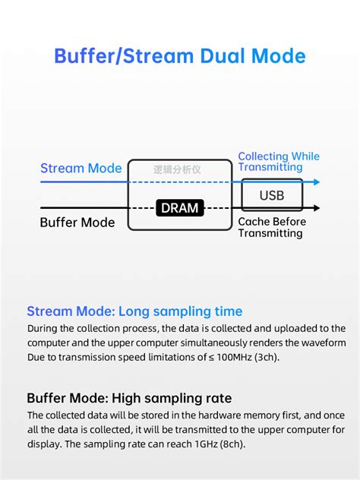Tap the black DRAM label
(180, 208)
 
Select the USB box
(272, 195)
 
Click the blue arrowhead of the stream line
(317, 182)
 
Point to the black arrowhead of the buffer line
(317, 208)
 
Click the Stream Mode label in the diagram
(81, 168)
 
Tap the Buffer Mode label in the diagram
(77, 223)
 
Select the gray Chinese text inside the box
(177, 169)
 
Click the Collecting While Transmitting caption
(279, 162)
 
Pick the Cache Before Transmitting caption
(272, 227)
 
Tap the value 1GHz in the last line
(207, 444)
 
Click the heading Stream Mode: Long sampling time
(134, 311)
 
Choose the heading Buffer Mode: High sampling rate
(129, 398)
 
